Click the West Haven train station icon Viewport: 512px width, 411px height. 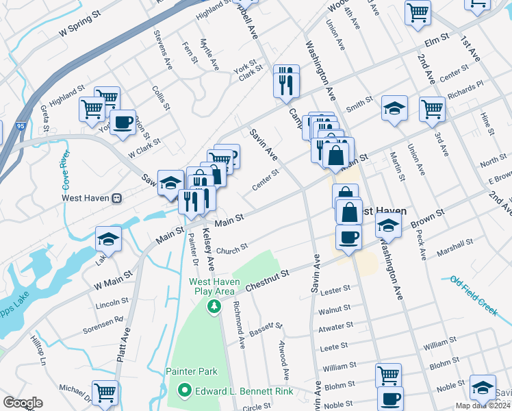point(117,199)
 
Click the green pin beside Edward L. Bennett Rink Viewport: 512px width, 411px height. point(184,391)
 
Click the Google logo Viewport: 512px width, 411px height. point(23,403)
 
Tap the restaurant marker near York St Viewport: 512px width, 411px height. point(285,81)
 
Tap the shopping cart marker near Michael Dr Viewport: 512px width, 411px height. point(105,393)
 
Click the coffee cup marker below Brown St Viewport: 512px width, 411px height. point(348,238)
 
